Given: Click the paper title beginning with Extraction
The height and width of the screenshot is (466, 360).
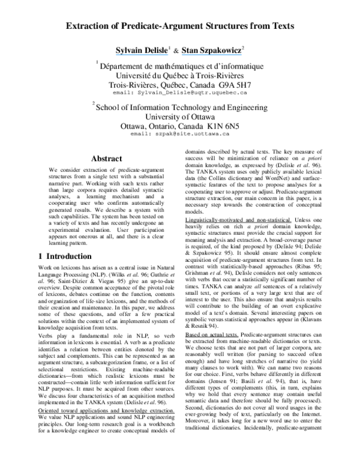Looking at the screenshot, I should point(179,26).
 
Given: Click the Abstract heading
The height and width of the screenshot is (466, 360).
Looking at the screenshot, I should point(107,159).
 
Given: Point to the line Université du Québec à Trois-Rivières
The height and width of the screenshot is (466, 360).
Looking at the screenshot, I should point(180,76).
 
